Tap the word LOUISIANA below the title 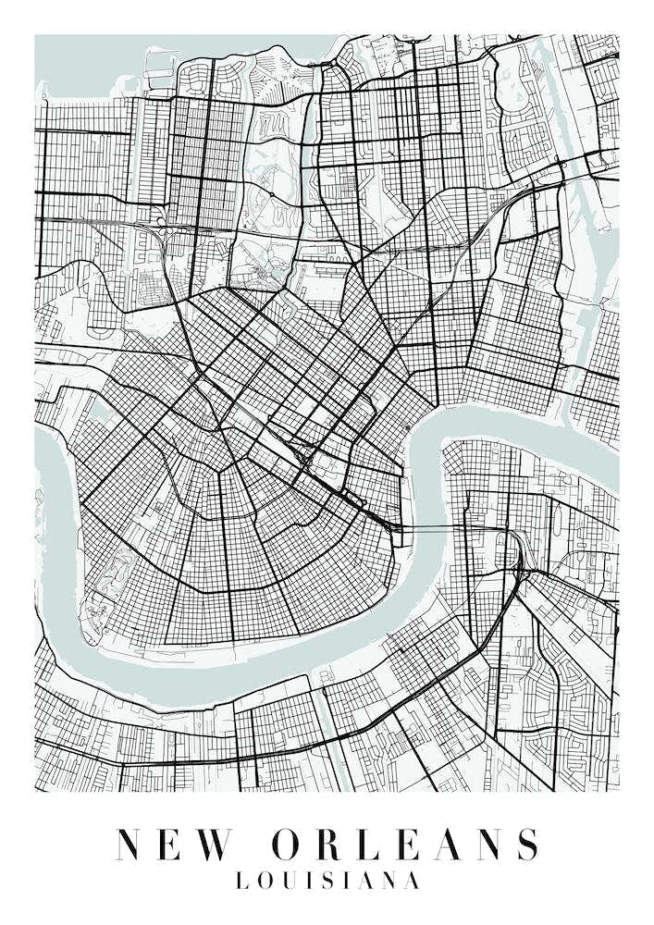coord(327,881)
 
